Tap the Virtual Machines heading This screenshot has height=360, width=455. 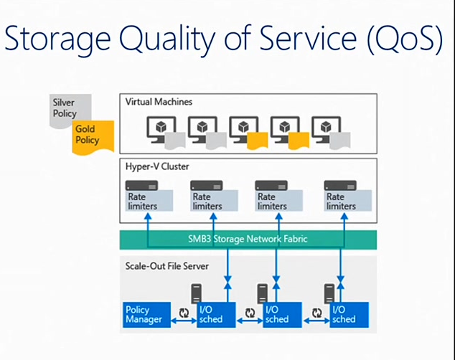(159, 103)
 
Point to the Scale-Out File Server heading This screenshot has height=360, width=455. (166, 266)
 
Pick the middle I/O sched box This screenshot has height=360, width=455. (278, 314)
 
